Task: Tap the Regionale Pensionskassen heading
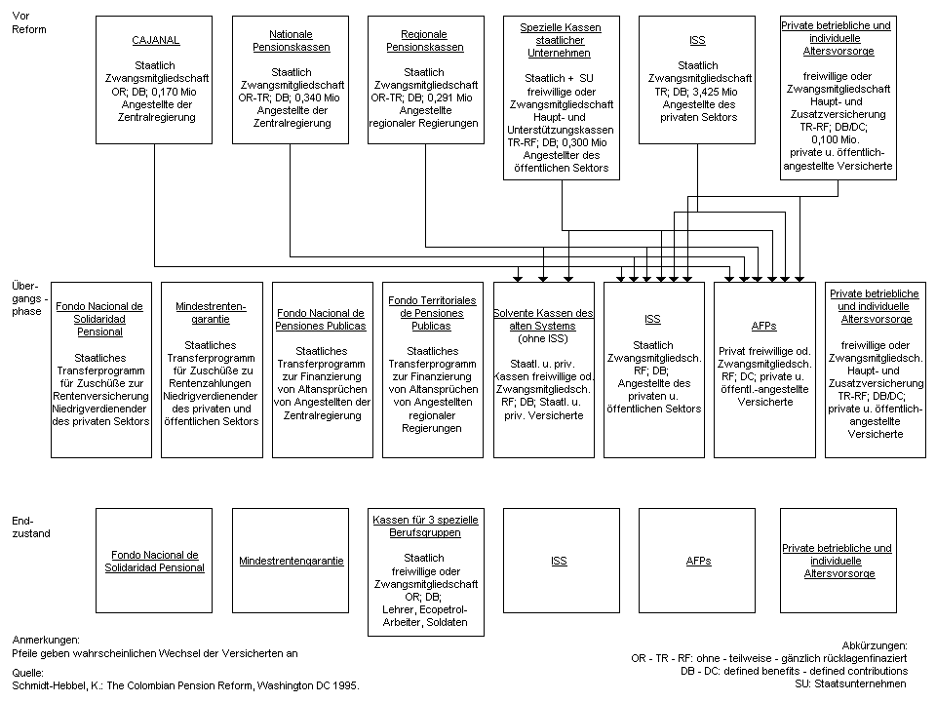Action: [x=424, y=41]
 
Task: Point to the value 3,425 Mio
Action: [x=722, y=92]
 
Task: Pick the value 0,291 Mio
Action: [x=451, y=97]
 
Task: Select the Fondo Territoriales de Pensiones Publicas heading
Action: [x=431, y=313]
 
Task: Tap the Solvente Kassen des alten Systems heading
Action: [x=542, y=319]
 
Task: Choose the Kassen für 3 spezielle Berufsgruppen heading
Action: [x=425, y=526]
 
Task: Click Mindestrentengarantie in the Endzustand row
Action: [x=291, y=561]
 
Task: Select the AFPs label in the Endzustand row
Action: [x=698, y=561]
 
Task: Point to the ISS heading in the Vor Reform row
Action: [x=696, y=41]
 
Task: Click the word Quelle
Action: [x=26, y=672]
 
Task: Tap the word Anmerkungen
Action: [x=46, y=640]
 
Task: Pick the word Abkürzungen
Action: [x=874, y=645]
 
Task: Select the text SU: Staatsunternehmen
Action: [x=851, y=683]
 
